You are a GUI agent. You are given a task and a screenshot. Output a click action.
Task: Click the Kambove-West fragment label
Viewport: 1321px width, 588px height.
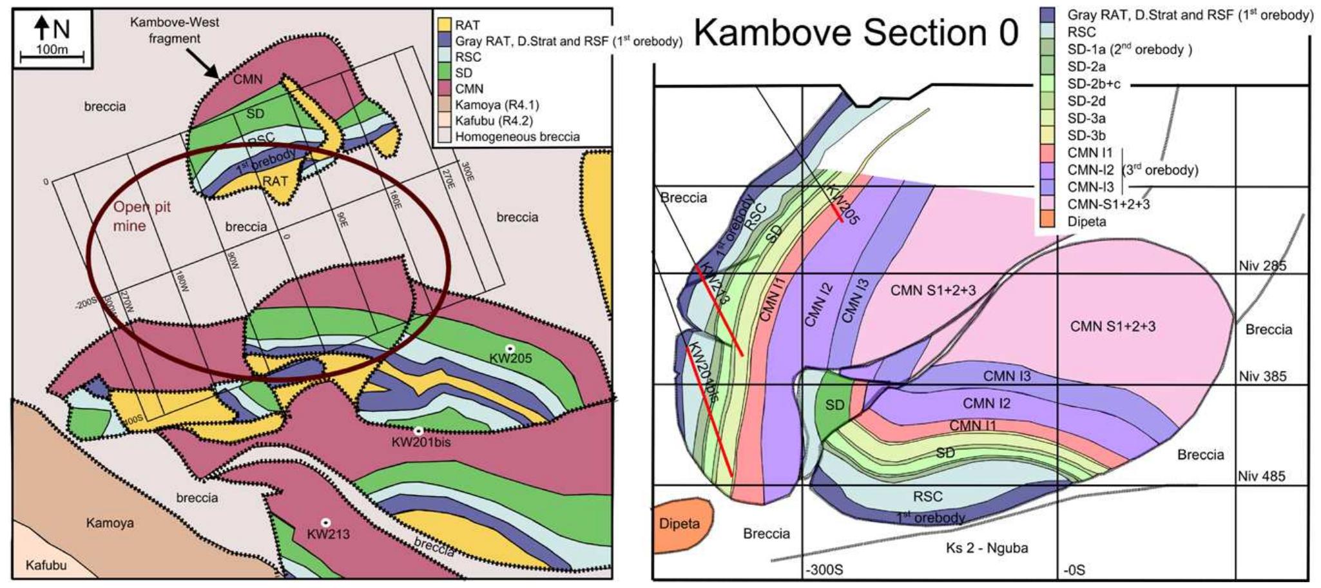[x=175, y=30]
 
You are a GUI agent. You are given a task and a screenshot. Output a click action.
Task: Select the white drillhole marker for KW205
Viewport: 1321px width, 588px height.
[x=510, y=348]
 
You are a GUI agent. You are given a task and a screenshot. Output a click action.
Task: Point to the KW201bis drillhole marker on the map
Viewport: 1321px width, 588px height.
[x=418, y=431]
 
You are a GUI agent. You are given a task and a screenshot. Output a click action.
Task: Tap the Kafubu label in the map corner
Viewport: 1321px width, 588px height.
[x=46, y=565]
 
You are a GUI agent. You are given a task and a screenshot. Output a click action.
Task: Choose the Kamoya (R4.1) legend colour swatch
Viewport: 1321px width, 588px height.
[x=445, y=104]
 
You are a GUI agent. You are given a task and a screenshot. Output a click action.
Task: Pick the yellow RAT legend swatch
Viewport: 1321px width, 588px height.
[x=445, y=25]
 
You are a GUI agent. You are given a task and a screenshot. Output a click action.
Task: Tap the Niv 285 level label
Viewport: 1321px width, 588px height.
[x=1262, y=266]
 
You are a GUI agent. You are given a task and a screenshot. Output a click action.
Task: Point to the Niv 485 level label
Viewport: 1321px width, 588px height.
[x=1261, y=476]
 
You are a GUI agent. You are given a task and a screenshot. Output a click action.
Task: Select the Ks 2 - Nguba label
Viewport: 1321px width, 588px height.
[x=987, y=548]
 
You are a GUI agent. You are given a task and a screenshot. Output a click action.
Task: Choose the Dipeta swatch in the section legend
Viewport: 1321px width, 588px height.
[x=1048, y=221]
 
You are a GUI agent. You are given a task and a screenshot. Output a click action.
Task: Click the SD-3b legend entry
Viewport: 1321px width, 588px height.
[x=1086, y=135]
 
